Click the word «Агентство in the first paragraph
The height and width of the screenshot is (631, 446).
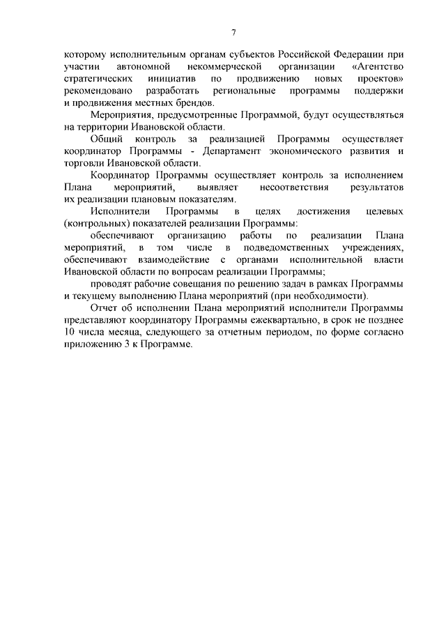pyautogui.click(x=379, y=67)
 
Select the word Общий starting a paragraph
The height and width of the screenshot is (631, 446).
pyautogui.click(x=107, y=139)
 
